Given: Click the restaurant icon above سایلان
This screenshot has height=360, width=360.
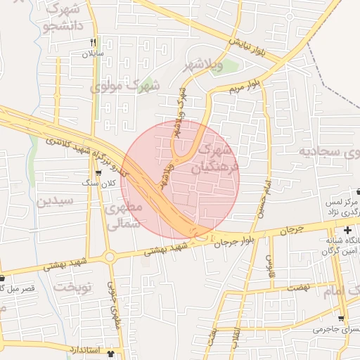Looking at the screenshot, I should pyautogui.click(x=93, y=42).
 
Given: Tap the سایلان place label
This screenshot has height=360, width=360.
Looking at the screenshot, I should pyautogui.click(x=93, y=53).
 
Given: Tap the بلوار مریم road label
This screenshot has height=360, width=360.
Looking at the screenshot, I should pyautogui.click(x=244, y=86).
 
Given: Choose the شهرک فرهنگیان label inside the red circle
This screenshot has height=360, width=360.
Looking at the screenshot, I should pyautogui.click(x=217, y=157).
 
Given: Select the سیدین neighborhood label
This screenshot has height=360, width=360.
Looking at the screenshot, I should pyautogui.click(x=55, y=201).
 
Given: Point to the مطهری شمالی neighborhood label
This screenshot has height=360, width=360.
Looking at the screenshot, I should pyautogui.click(x=124, y=216).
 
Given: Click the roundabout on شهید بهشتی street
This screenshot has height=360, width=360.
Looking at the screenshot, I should pyautogui.click(x=110, y=257).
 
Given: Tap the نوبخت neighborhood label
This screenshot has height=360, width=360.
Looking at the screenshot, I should pyautogui.click(x=74, y=287).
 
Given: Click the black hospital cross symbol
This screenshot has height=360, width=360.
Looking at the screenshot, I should pyautogui.click(x=347, y=231).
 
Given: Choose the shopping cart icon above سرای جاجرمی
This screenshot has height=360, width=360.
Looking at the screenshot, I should pyautogui.click(x=341, y=318).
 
